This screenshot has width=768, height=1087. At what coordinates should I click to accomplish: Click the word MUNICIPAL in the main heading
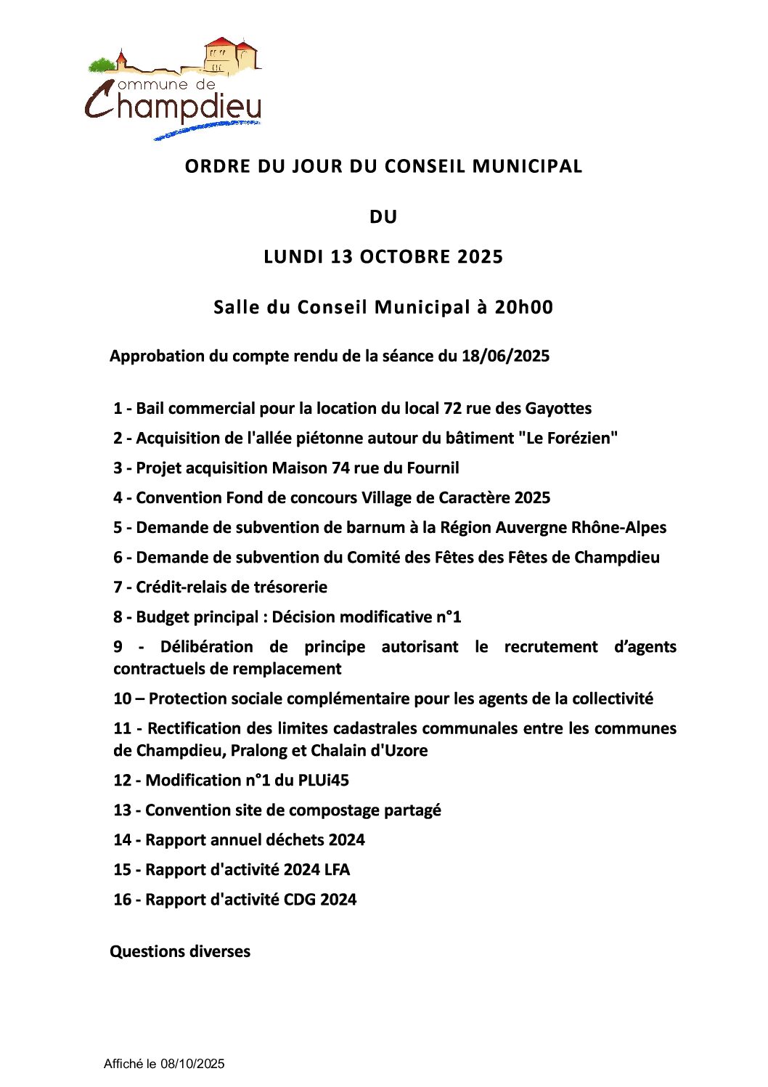tap(527, 166)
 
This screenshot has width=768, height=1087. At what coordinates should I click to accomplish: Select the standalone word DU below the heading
tap(383, 216)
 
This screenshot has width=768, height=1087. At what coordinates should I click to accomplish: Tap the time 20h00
tap(523, 307)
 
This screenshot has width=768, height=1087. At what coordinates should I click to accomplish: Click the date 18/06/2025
tap(505, 356)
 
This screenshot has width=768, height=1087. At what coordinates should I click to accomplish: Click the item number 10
tap(122, 699)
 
